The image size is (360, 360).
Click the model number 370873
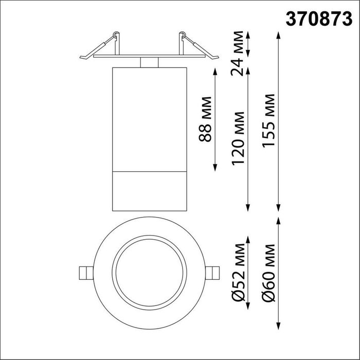click(319, 19)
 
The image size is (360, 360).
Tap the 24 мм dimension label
click(237, 53)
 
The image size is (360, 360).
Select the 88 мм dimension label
click(205, 119)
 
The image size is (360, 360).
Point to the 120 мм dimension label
click(238, 138)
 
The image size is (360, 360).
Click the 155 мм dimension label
click(268, 121)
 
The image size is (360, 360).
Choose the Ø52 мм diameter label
click(238, 273)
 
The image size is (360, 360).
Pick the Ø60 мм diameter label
click(268, 273)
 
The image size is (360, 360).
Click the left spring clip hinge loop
click(116, 34)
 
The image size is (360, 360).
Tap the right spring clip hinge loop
click(182, 34)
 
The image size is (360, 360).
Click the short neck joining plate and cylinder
click(149, 62)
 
